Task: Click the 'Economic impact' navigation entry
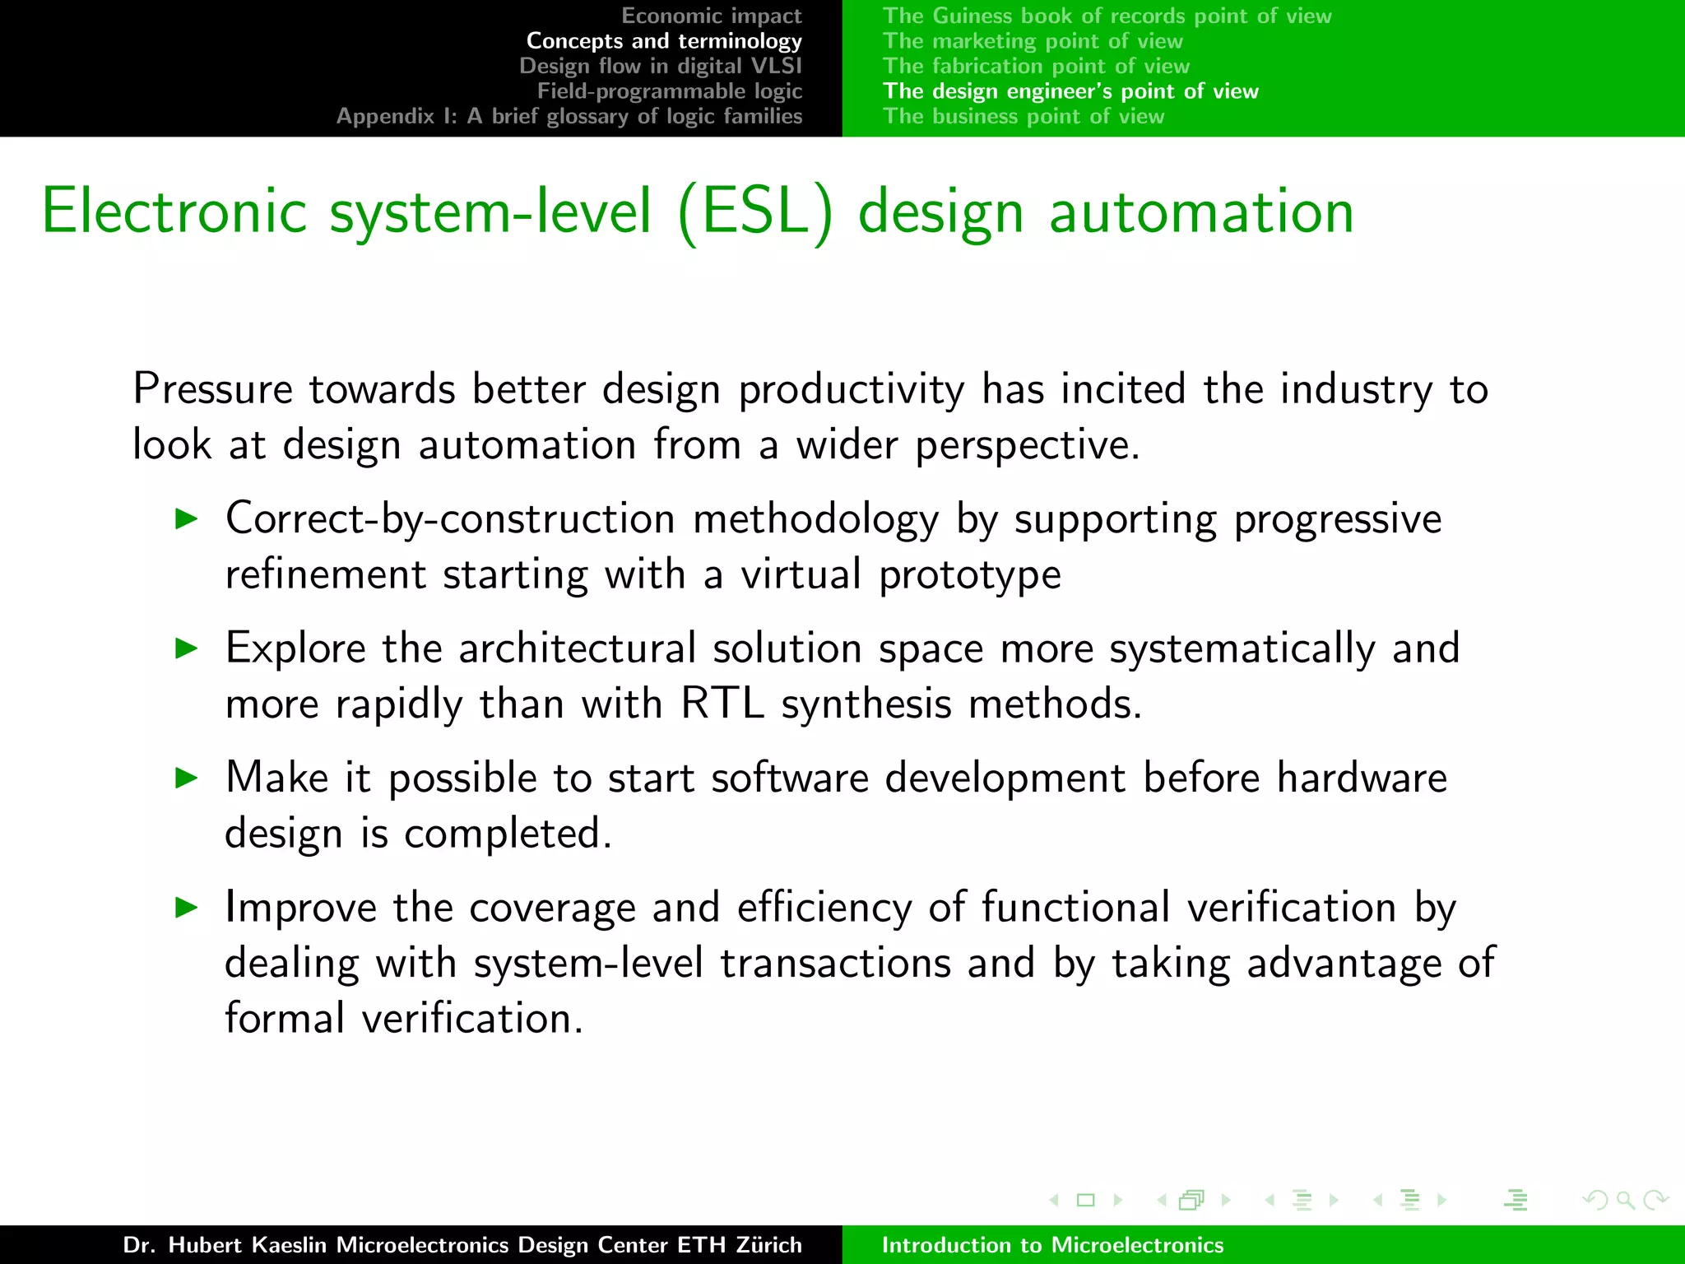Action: coord(711,16)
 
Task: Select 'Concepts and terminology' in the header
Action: coord(664,41)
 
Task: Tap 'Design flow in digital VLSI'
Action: coord(660,66)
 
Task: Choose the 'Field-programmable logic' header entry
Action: coord(670,91)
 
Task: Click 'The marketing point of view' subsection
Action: coord(1033,41)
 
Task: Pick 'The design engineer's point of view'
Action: coord(1070,91)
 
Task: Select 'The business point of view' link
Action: coord(1024,116)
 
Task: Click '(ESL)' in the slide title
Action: coord(755,212)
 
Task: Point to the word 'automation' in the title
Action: coord(1201,212)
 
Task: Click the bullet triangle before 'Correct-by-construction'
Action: coord(188,518)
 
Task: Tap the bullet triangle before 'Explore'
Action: coord(188,648)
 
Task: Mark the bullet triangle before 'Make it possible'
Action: coord(188,778)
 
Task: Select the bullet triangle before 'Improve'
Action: coord(188,908)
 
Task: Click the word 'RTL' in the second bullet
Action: coord(722,704)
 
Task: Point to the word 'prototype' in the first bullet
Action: coord(969,575)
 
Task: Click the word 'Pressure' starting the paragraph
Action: coord(212,389)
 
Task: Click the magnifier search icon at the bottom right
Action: coord(1625,1200)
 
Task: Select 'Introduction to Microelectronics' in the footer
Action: coord(1052,1245)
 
